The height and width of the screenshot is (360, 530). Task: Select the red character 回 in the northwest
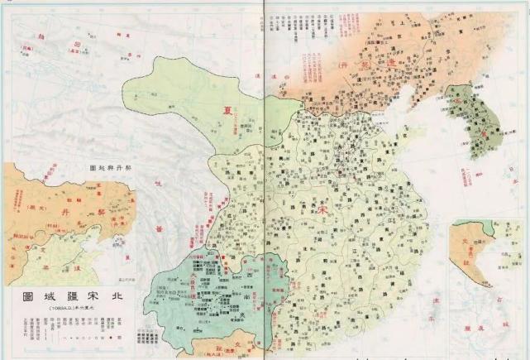(77, 41)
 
